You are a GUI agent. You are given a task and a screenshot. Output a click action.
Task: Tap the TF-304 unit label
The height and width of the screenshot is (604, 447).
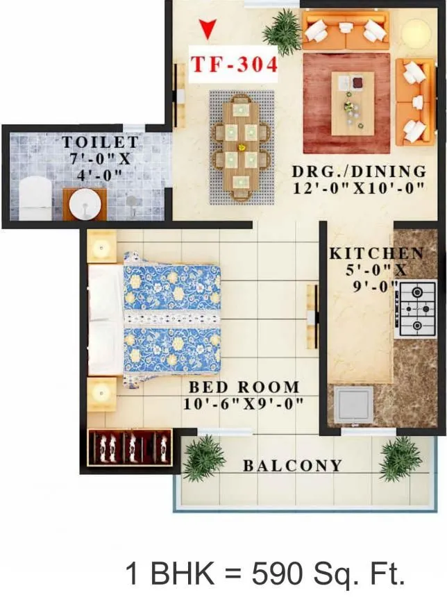tap(235, 65)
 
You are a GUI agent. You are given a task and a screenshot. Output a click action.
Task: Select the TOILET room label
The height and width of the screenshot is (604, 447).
tap(101, 142)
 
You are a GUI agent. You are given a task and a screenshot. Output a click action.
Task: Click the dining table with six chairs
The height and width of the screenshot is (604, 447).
tap(241, 146)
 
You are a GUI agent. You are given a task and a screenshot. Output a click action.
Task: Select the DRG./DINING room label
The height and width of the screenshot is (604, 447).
tap(358, 171)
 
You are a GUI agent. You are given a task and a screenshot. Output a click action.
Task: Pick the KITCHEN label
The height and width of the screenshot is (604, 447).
tap(376, 253)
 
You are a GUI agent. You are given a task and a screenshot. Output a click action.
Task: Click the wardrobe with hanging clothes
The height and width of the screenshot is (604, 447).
tap(130, 447)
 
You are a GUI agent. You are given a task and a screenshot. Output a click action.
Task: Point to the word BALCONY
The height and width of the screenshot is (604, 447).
tap(293, 466)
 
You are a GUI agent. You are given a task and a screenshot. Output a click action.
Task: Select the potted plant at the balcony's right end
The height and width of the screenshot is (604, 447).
tap(400, 459)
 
